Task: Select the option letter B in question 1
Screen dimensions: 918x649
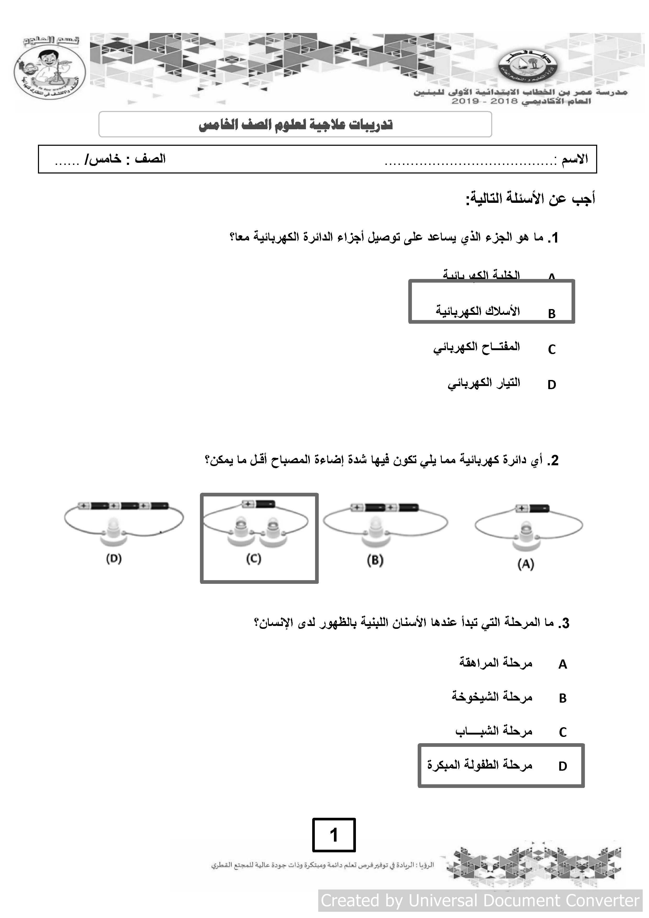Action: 552,314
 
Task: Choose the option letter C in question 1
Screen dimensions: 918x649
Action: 552,349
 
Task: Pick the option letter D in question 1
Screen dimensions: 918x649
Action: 552,385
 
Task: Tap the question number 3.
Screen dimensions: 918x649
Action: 564,623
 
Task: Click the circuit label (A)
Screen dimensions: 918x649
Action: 525,564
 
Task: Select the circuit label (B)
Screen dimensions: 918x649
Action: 375,560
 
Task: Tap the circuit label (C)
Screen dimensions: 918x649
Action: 254,558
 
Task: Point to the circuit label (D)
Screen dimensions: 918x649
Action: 114,558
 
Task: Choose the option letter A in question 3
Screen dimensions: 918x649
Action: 563,664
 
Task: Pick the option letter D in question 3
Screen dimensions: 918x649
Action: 563,766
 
